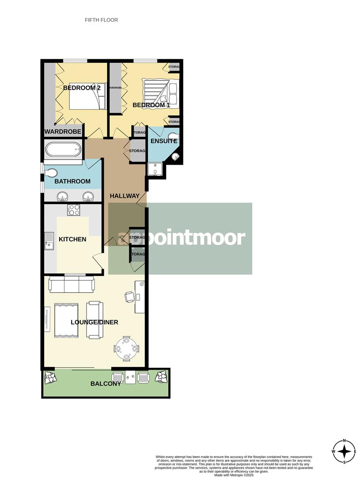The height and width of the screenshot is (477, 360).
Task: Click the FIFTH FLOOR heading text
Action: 101,20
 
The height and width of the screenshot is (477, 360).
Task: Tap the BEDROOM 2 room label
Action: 82,88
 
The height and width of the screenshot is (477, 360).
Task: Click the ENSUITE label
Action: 164,141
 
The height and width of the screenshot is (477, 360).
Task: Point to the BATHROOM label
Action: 72,181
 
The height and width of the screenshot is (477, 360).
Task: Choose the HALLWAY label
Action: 125,196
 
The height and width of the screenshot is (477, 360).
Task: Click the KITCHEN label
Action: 72,239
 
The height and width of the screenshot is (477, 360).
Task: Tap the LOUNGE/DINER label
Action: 95,322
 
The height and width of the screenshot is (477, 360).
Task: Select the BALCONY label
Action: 106,383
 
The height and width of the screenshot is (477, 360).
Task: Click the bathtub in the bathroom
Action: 63,150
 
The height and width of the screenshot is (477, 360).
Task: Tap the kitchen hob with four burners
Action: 73,210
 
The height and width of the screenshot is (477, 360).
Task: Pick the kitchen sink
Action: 49,241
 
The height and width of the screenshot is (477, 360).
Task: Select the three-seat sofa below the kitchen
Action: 71,285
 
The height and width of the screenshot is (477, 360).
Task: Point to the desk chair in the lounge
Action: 129,297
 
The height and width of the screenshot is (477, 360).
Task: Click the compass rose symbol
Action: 344,451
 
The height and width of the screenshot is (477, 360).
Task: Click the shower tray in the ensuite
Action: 155,169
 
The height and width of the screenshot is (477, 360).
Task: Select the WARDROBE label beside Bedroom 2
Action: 63,132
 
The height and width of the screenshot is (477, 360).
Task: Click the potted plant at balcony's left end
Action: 50,377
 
